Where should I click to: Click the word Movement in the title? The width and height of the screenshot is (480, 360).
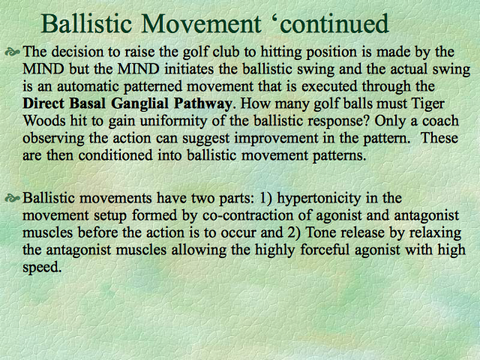(201, 23)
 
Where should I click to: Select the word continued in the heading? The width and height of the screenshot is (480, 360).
(334, 23)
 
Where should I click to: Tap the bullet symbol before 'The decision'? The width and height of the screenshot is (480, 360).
(13, 52)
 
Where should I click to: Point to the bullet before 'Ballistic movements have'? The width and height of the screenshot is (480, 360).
(13, 199)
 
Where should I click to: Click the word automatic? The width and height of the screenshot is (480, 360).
(88, 86)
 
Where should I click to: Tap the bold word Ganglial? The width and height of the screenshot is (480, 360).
(139, 104)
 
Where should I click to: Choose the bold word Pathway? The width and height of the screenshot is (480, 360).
(203, 104)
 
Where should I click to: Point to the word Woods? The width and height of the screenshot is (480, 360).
(44, 121)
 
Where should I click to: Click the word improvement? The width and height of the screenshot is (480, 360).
(276, 139)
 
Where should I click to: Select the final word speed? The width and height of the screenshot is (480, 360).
(42, 268)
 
